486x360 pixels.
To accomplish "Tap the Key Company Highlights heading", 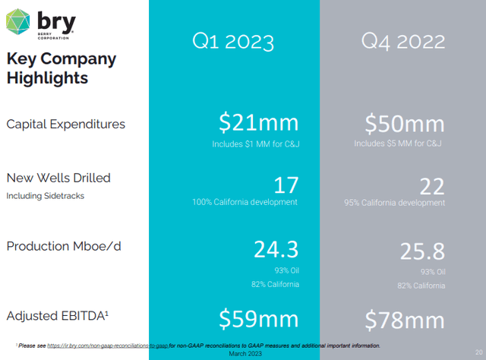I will point(61,68).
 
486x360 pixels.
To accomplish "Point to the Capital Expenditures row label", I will point(66,124).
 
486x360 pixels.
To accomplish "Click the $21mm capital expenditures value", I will point(258,122).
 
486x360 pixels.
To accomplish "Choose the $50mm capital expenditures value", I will point(405,122).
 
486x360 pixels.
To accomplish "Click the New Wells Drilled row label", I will point(58,178).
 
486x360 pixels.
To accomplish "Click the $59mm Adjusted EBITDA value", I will point(258,319).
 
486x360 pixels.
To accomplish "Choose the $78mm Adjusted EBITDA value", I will point(405,319).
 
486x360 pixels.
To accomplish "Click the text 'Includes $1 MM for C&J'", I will point(257,143).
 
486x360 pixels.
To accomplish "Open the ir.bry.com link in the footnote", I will point(106,345).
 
